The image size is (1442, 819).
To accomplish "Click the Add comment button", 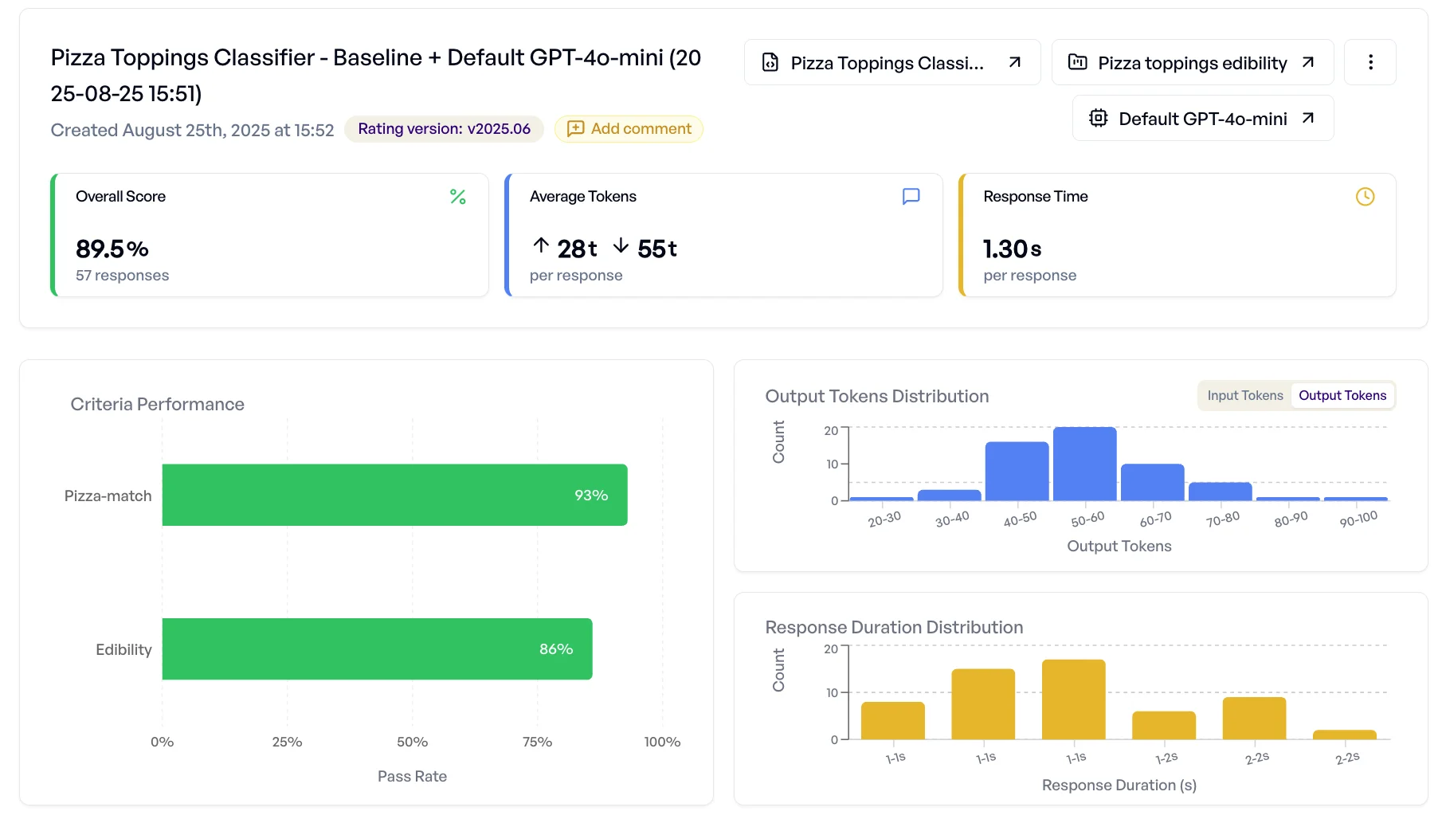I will coord(629,129).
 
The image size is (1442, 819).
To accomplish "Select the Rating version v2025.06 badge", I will coord(444,129).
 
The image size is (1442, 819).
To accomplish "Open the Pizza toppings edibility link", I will coord(1192,63).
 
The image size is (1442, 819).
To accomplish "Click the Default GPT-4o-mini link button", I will coord(1202,119).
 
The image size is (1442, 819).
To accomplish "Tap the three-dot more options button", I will coord(1370,62).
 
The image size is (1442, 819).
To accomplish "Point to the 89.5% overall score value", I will coord(112,249).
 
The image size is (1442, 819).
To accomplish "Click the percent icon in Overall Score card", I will coord(457,197).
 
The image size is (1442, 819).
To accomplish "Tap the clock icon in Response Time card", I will coord(1365,197).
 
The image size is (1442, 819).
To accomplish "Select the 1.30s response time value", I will coord(1012,249).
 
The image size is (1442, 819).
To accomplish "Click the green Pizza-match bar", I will coord(394,495).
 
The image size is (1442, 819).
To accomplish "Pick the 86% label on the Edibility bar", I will coord(556,649).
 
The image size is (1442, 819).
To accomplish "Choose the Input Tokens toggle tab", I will coord(1244,396).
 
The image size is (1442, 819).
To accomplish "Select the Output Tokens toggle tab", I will coord(1342,396).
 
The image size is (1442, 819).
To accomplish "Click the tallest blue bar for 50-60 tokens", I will coord(1084,464).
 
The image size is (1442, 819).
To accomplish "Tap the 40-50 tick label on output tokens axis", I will coord(1020,519).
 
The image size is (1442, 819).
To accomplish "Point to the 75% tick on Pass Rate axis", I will coord(537,742).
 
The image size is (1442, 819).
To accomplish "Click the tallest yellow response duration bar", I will coord(1073,699).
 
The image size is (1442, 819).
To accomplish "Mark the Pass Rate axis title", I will coord(412,777).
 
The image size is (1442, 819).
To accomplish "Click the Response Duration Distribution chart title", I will coord(894,628).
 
